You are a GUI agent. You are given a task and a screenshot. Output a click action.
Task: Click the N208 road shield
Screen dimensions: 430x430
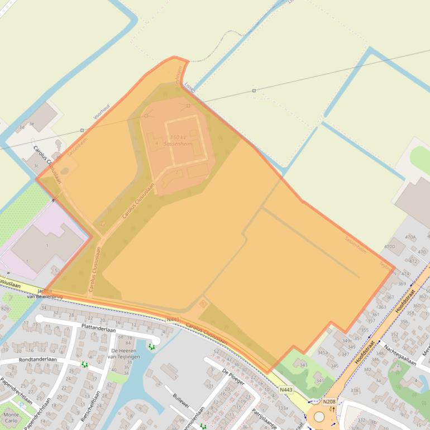tap(329, 402)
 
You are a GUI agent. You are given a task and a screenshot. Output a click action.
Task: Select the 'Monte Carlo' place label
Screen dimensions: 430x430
tap(11, 418)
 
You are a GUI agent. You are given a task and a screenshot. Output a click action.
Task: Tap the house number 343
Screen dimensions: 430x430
tap(303, 365)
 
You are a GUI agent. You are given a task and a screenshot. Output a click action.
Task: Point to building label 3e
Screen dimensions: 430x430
tap(32, 123)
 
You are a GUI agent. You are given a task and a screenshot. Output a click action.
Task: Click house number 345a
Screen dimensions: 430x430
tap(322, 352)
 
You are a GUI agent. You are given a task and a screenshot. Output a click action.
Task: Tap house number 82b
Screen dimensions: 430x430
tap(5, 309)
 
